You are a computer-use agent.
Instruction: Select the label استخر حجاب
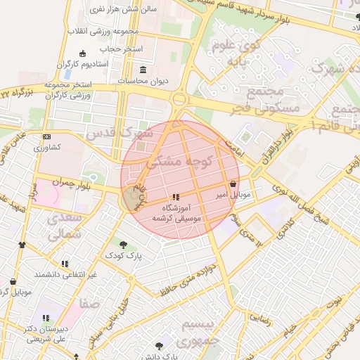tap(121, 49)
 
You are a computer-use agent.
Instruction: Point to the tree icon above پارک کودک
tap(124, 244)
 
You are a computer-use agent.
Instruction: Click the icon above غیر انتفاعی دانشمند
tap(65, 264)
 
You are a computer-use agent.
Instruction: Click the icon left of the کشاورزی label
tap(46, 136)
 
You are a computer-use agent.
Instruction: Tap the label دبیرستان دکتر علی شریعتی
tap(46, 333)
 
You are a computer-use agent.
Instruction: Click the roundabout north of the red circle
tap(179, 100)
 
